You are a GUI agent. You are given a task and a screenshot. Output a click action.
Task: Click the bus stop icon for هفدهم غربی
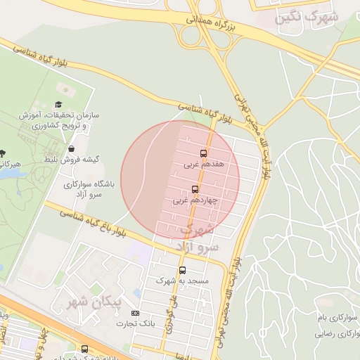pos(204,153)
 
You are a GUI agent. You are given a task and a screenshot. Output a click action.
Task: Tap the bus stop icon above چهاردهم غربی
pos(195,188)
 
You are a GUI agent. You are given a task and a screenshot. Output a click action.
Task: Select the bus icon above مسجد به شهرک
pos(182,269)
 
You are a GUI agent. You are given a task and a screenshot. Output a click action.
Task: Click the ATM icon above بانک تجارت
pos(136,313)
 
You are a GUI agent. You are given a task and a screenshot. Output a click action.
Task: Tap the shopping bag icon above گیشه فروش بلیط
pos(72,148)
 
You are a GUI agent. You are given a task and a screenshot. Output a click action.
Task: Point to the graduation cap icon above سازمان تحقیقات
pos(58,105)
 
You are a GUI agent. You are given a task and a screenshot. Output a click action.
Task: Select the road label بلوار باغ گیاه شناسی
pos(95,222)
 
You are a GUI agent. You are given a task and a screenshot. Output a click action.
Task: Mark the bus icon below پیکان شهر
pos(85,349)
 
